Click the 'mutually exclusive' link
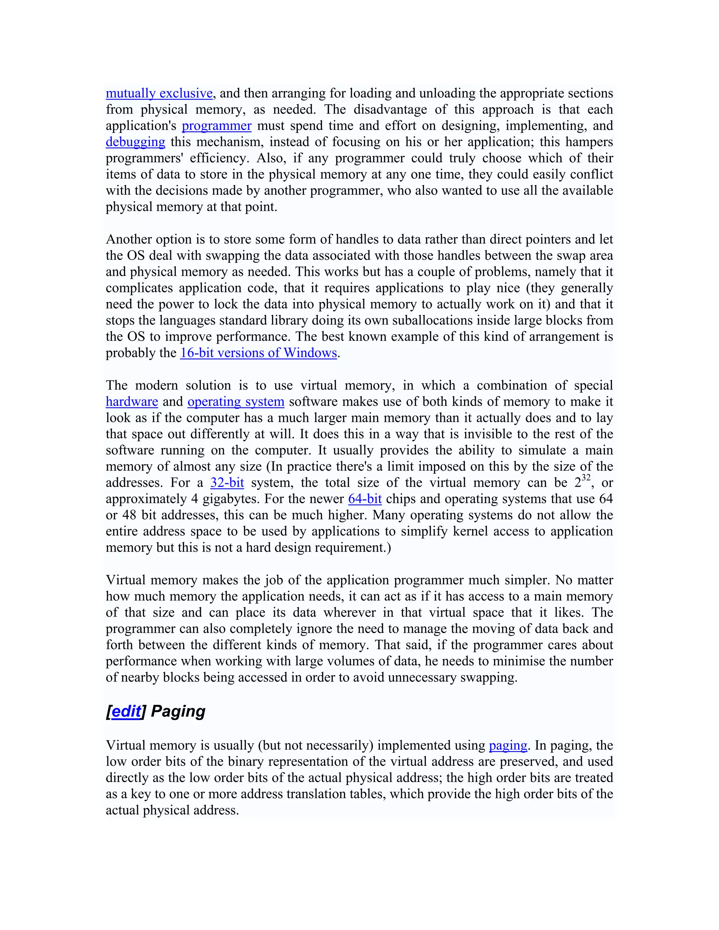159,93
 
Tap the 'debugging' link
135,142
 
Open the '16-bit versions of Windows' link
258,353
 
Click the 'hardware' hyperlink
132,401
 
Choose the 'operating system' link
236,401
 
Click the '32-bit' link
227,483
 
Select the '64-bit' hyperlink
365,499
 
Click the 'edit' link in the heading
126,712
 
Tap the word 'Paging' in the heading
178,712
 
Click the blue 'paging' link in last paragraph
508,746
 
